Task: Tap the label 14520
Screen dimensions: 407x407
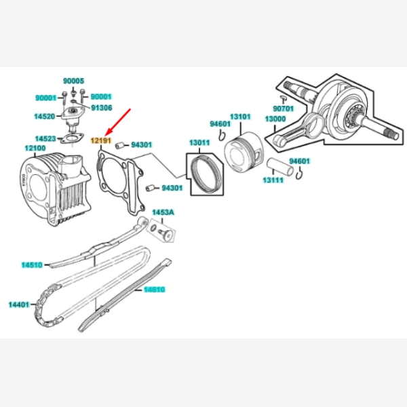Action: (45, 116)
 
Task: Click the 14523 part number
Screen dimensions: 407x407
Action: (45, 138)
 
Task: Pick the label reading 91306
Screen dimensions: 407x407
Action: (102, 107)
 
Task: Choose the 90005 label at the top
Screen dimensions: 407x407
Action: (74, 81)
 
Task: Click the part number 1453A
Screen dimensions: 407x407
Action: (163, 212)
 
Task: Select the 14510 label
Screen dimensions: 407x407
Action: (31, 264)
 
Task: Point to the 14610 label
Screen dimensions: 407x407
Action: (154, 290)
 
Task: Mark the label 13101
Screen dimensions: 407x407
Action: (240, 117)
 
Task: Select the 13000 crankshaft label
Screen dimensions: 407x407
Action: (275, 119)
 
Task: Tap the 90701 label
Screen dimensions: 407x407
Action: (284, 109)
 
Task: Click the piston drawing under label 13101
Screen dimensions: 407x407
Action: (243, 154)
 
